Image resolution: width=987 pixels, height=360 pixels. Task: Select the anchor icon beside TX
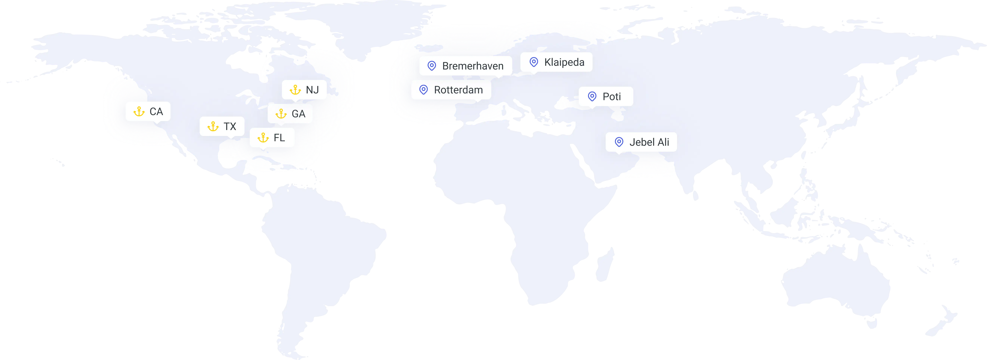click(213, 126)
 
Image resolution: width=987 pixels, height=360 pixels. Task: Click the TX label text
click(230, 126)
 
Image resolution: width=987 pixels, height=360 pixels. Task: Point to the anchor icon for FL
click(263, 137)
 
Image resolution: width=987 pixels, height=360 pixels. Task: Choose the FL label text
click(279, 137)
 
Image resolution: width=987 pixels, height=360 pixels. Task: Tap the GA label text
click(299, 114)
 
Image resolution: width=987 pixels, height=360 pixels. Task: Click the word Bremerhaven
click(473, 66)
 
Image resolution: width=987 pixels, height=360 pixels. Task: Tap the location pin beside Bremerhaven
click(432, 66)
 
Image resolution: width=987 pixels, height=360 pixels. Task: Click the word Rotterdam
click(458, 90)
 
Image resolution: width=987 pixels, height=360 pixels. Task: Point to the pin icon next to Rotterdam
click(423, 90)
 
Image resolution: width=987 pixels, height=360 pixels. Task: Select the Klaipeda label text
click(564, 62)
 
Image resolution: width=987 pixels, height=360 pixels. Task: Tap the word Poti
click(611, 97)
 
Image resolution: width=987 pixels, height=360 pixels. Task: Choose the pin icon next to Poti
click(592, 97)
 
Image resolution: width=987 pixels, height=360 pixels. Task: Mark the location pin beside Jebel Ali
click(619, 142)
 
